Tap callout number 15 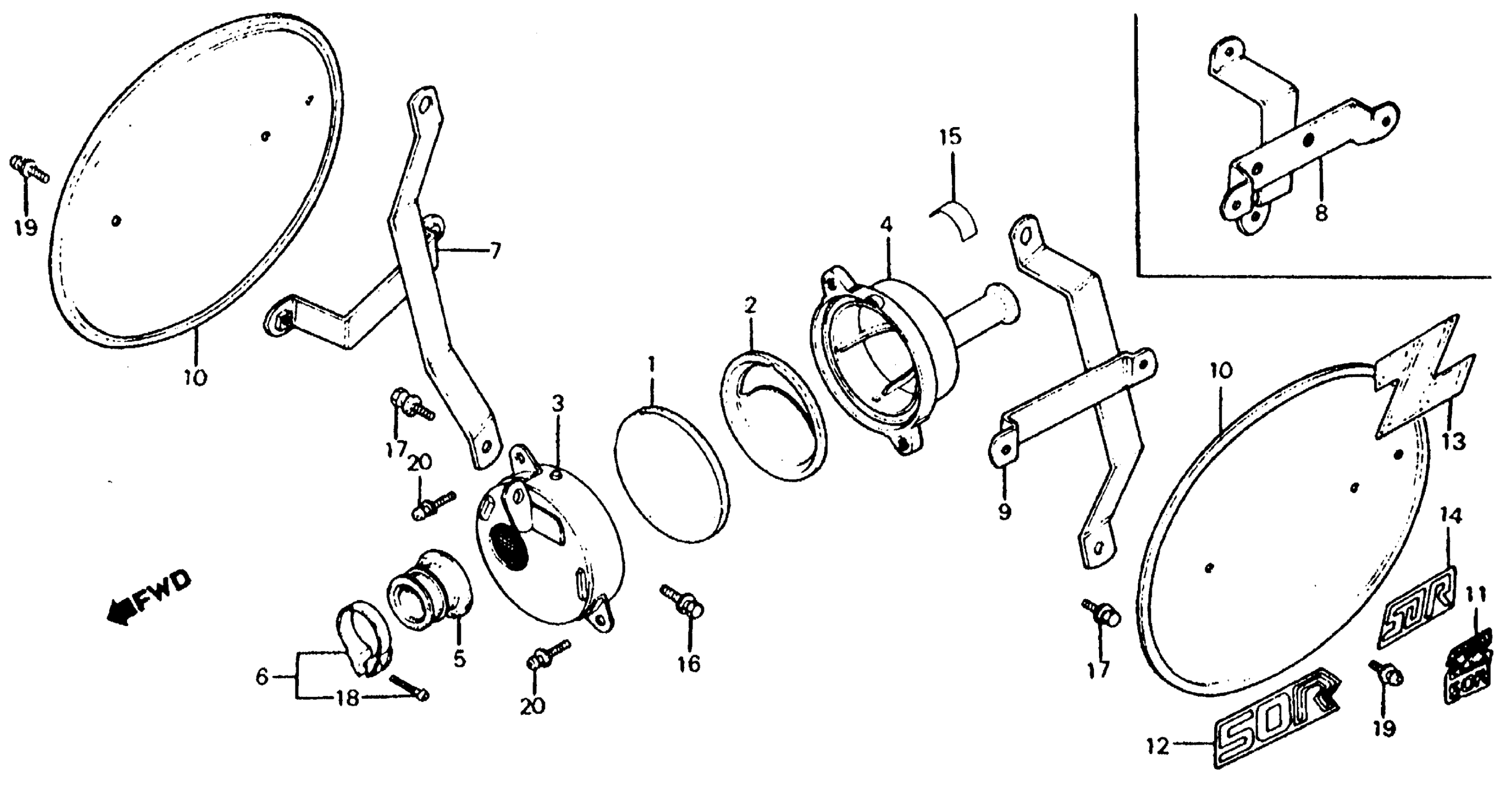click(x=950, y=138)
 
